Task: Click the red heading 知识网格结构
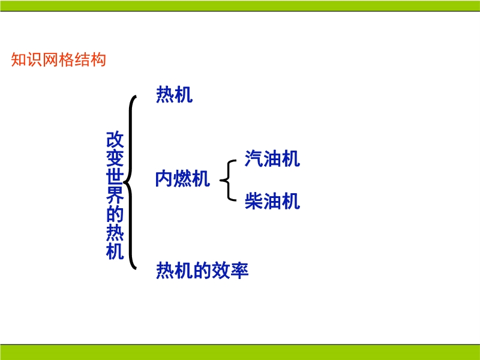pos(58,59)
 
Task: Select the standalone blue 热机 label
pos(174,94)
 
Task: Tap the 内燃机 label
pos(182,179)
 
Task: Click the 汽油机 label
pos(272,158)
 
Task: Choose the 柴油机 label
pos(272,201)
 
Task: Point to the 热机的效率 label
pos(202,271)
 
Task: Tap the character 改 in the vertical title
pos(115,140)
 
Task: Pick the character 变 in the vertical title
pos(115,158)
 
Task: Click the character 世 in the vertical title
pos(115,176)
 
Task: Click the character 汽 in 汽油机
pos(254,158)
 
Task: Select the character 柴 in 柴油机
pos(254,201)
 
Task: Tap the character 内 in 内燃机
pos(164,179)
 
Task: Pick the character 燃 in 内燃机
pos(182,179)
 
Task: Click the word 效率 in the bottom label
pos(230,271)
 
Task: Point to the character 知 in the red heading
pos(19,59)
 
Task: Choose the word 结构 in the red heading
pos(91,59)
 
